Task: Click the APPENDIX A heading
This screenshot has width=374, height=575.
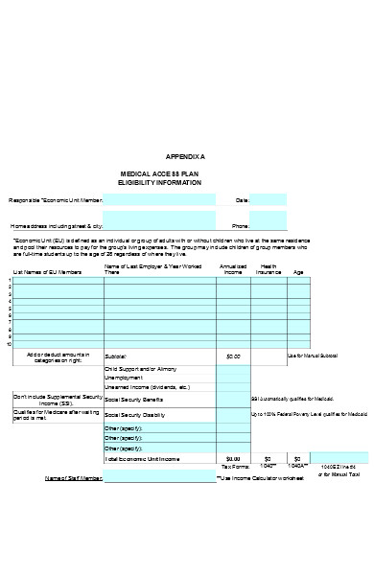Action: (x=185, y=156)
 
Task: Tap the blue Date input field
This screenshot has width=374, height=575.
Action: (x=269, y=200)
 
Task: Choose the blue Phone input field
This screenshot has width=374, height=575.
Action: (x=269, y=224)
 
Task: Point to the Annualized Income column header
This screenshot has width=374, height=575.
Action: (x=232, y=269)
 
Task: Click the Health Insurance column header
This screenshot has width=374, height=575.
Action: (x=269, y=269)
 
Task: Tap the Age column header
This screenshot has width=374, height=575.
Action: (x=298, y=272)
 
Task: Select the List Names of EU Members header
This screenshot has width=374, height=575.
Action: (x=47, y=273)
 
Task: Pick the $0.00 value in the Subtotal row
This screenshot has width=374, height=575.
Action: (x=232, y=356)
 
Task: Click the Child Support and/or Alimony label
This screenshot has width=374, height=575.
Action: (x=140, y=368)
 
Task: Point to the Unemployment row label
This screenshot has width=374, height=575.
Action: (x=123, y=378)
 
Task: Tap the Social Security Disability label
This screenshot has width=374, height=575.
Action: (x=139, y=414)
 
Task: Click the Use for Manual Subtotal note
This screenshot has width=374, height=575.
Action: (x=315, y=356)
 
